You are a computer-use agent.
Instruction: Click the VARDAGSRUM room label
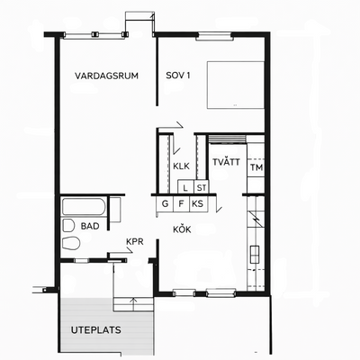[x=106, y=76]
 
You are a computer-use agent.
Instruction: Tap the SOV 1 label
[x=178, y=76]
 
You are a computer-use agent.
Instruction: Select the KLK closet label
[x=181, y=166]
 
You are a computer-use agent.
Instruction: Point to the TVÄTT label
[x=226, y=162]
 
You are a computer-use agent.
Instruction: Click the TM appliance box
[x=256, y=167]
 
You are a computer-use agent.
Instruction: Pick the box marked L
[x=185, y=188]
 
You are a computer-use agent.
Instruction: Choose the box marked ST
[x=202, y=188]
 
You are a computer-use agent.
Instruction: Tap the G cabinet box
[x=165, y=204]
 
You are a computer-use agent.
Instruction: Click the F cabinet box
[x=181, y=204]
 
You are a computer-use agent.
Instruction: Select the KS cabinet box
[x=198, y=204]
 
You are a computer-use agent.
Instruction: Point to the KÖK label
[x=182, y=229]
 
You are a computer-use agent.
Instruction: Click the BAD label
[x=90, y=226]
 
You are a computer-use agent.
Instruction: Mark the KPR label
[x=135, y=241]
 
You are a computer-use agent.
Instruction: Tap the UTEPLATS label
[x=96, y=330]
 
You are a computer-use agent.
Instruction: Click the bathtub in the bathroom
[x=84, y=207]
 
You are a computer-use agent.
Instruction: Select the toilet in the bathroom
[x=71, y=243]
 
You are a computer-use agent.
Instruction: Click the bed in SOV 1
[x=236, y=85]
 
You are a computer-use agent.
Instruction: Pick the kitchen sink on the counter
[x=255, y=255]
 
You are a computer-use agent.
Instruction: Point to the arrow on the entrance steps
[x=133, y=304]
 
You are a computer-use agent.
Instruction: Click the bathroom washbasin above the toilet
[x=68, y=225]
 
